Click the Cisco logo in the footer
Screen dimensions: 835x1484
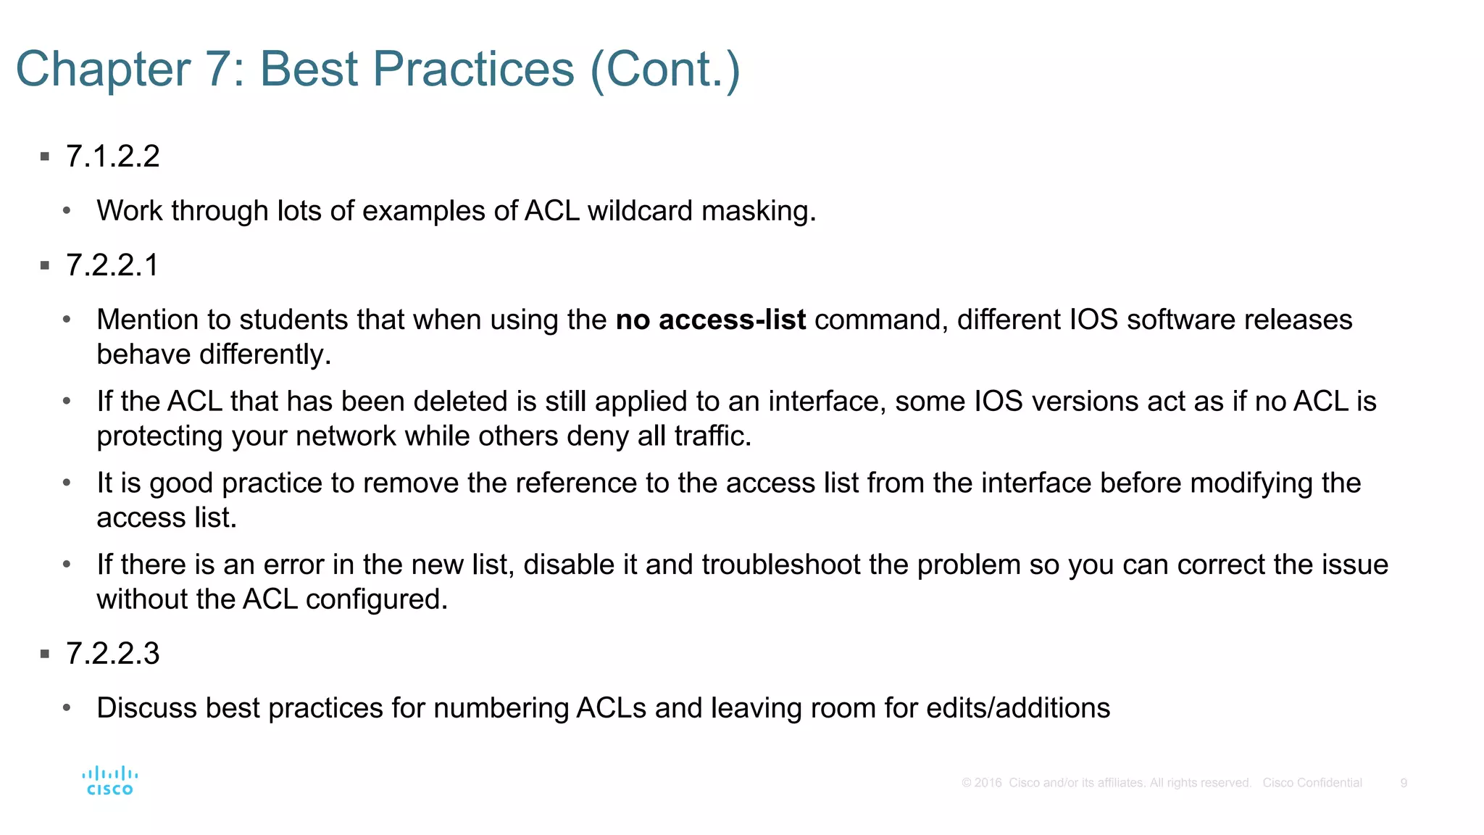click(109, 781)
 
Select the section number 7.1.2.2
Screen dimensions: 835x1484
click(112, 157)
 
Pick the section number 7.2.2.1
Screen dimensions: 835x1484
click(112, 265)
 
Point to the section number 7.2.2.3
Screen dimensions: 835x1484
click(112, 654)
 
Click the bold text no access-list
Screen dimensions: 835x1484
click(710, 320)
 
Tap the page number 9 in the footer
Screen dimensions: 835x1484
click(1404, 783)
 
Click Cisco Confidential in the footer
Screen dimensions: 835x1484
click(1312, 783)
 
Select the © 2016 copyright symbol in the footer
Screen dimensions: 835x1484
click(967, 783)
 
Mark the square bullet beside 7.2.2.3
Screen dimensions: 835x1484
click(45, 655)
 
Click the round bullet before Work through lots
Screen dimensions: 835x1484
click(67, 212)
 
